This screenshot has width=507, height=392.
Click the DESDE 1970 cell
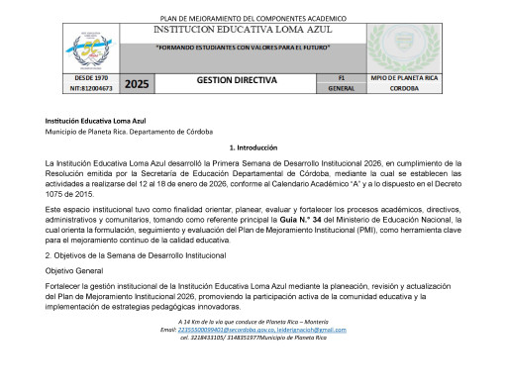pos(92,77)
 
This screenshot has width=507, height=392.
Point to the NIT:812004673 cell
pos(92,88)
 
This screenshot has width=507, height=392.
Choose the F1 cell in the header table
pos(342,77)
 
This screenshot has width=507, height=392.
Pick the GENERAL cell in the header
pos(342,88)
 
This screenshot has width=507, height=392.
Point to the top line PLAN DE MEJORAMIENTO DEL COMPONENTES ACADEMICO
pos(253,18)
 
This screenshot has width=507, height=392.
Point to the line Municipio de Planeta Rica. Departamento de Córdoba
pos(130,132)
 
